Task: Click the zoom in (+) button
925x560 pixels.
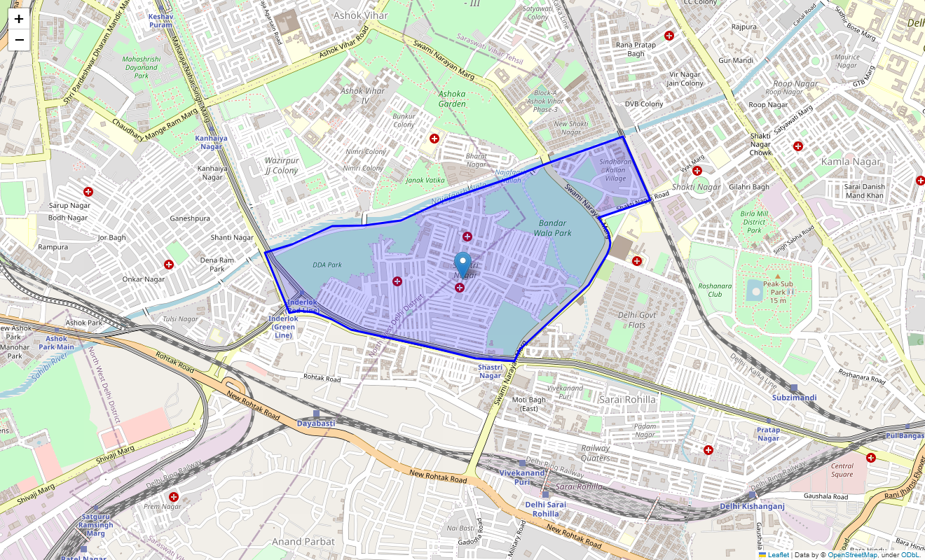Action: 19,19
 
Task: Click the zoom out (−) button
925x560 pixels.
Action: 19,40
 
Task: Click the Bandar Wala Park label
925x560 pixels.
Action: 552,227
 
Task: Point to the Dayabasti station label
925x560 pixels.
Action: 315,423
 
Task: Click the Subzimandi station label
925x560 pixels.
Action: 794,398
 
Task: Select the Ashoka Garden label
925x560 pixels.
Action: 451,99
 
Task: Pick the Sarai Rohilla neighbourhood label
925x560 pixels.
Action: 628,399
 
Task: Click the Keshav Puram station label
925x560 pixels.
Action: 160,20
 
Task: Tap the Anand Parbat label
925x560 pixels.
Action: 303,541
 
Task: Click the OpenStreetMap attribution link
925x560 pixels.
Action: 851,555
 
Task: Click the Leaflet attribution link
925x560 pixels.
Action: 778,555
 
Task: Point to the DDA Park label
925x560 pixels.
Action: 327,265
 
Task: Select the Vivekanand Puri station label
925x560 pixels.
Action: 521,477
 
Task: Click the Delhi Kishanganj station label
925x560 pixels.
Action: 752,506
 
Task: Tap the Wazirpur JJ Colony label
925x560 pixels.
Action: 282,166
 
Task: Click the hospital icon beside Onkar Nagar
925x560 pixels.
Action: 168,265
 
